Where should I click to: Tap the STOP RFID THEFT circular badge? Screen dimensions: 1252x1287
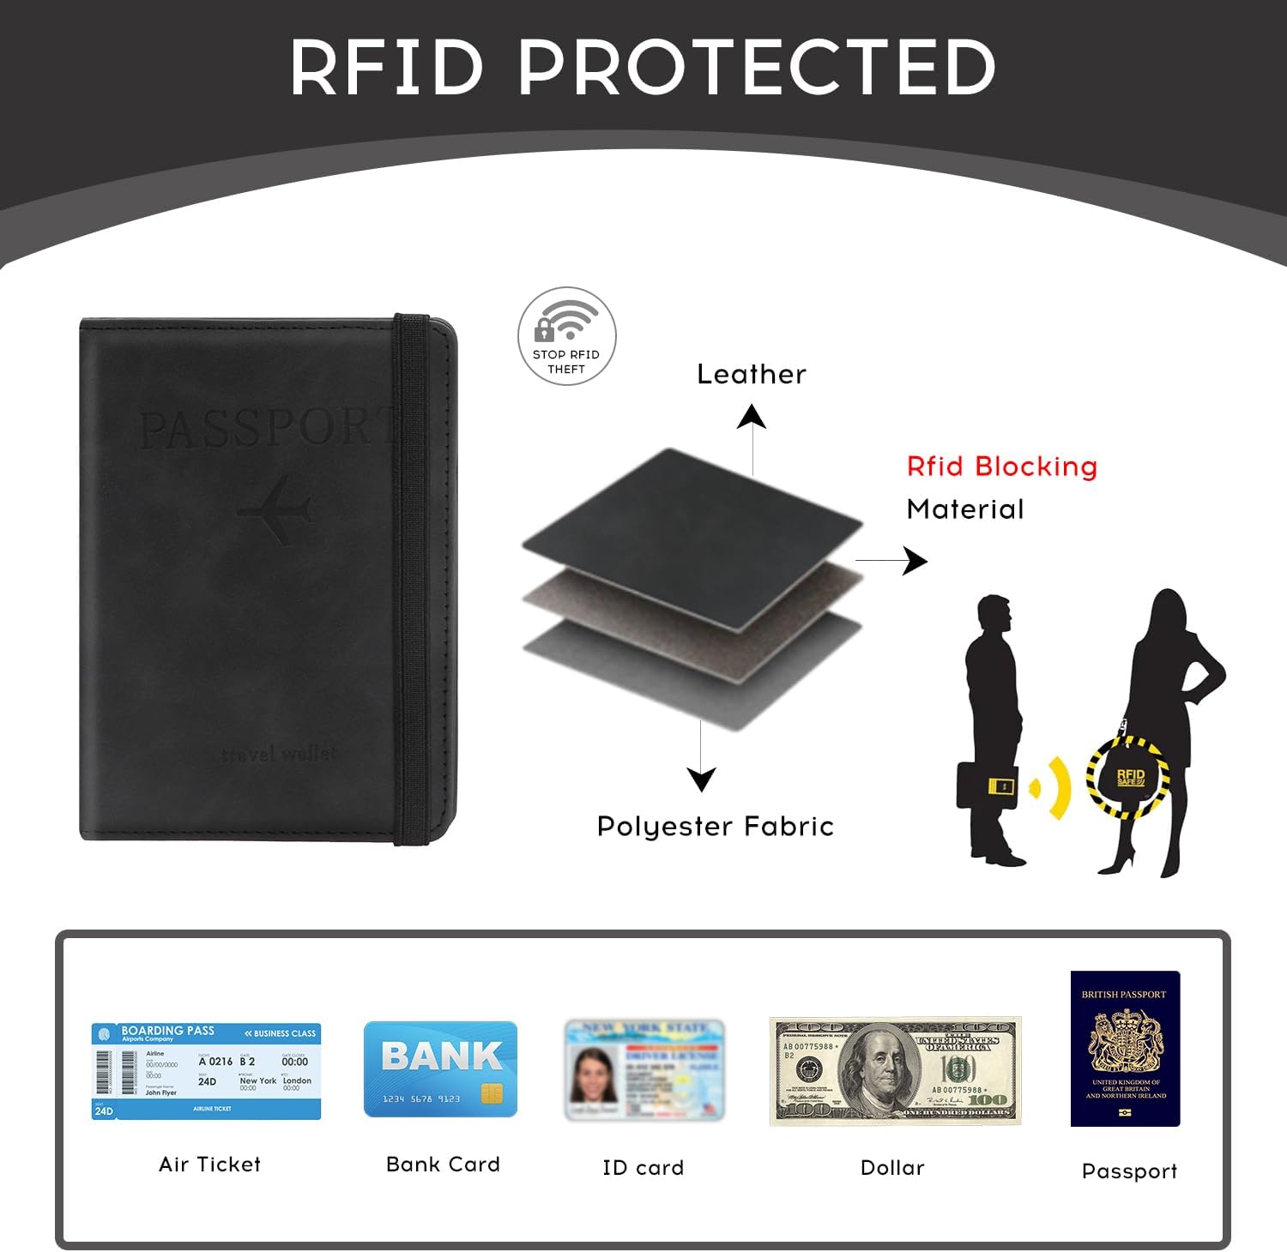click(566, 336)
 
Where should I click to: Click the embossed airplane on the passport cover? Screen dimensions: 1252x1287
click(275, 511)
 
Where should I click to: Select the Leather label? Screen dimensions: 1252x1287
click(752, 375)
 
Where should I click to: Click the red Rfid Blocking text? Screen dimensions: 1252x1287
click(1002, 466)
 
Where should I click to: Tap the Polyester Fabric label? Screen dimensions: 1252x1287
click(715, 827)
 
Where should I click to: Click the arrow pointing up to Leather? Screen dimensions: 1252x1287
click(752, 437)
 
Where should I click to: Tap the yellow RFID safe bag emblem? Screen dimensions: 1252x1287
click(1129, 777)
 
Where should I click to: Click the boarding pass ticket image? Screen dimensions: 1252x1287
click(206, 1071)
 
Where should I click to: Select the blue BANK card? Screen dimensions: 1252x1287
click(440, 1068)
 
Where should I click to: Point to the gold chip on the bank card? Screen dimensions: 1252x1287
click(492, 1094)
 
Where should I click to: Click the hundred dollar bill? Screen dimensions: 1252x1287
click(895, 1071)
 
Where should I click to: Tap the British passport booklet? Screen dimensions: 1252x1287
click(1125, 1049)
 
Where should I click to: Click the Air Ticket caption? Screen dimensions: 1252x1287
click(209, 1165)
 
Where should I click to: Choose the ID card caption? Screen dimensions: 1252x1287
click(643, 1168)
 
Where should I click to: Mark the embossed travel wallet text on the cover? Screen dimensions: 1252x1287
click(279, 755)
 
